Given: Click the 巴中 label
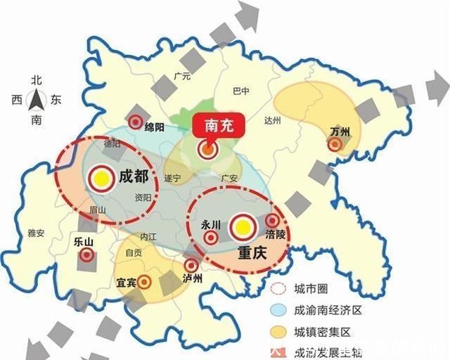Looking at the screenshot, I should (x=240, y=91).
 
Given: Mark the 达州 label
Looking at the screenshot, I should (x=272, y=120).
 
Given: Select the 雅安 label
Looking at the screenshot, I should (x=36, y=233).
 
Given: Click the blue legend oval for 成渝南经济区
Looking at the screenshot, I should (x=279, y=309).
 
